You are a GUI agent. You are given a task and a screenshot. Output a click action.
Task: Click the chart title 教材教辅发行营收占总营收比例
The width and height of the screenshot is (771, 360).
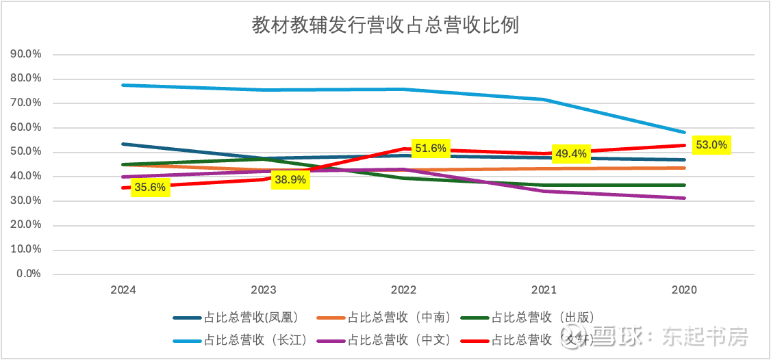tap(385, 26)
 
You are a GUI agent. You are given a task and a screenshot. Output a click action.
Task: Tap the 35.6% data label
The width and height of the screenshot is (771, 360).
tap(150, 186)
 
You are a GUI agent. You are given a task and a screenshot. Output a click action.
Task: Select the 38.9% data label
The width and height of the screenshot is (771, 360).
tap(290, 179)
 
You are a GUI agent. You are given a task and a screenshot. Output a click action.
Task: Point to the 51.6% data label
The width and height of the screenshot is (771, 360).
tap(430, 148)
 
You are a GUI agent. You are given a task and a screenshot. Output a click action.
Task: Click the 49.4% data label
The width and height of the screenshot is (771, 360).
tap(570, 153)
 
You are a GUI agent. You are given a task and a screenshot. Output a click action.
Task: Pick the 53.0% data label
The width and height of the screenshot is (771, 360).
tap(711, 145)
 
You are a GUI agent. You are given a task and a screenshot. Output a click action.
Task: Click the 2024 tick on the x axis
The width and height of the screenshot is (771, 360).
tap(123, 290)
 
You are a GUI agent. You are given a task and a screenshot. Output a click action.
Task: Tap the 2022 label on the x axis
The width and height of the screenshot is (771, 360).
tap(404, 290)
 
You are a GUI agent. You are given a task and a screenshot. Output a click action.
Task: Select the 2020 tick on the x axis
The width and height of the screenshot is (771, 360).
tap(684, 290)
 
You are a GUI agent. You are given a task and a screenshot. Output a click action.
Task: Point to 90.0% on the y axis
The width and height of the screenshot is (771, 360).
tap(27, 54)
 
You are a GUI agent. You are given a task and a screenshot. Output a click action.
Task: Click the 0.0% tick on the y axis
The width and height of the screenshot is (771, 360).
tap(29, 274)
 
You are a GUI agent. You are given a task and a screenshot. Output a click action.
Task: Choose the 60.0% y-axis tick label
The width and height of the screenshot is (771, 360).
tap(27, 127)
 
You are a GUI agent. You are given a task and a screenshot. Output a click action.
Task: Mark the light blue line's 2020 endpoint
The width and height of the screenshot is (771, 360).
tap(684, 132)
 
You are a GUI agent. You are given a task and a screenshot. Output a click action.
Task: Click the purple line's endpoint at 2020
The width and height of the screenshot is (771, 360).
tap(684, 198)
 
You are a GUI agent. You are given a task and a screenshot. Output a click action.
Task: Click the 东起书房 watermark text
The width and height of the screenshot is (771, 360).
tap(705, 337)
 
